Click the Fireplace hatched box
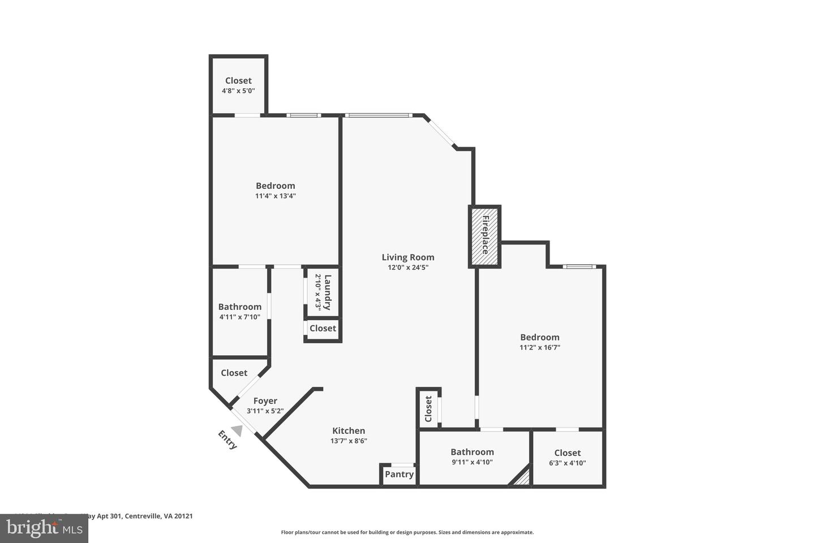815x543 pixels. (484, 236)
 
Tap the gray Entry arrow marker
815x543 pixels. (237, 430)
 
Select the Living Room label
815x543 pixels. (407, 257)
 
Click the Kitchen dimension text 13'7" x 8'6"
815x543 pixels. (349, 441)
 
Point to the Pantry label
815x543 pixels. (399, 474)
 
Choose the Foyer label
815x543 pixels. (265, 401)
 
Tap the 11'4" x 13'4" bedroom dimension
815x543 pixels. (276, 196)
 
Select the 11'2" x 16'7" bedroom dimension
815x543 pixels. (539, 348)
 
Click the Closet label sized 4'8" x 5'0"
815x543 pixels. (238, 80)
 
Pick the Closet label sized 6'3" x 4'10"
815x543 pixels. (567, 453)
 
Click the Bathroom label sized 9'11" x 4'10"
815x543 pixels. (472, 451)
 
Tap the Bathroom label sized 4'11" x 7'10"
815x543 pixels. (240, 307)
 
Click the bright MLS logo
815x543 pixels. (44, 528)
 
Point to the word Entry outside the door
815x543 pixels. (227, 440)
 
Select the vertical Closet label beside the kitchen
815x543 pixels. (428, 408)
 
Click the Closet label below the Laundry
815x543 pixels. (323, 328)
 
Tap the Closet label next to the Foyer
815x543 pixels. (234, 373)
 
